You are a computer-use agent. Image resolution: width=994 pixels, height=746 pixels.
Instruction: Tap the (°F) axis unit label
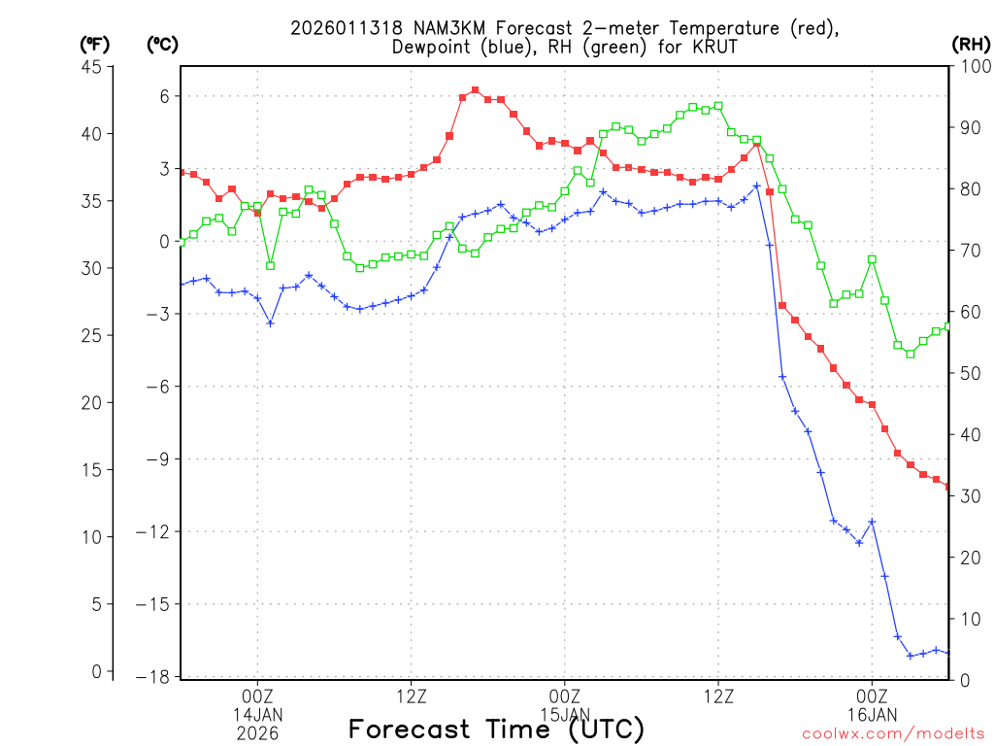(x=94, y=44)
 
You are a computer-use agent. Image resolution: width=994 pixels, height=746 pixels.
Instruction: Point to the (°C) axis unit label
(x=162, y=44)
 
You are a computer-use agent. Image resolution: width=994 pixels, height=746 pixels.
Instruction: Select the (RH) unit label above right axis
(x=971, y=44)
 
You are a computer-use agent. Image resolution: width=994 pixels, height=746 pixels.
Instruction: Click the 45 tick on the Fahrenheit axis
(x=92, y=66)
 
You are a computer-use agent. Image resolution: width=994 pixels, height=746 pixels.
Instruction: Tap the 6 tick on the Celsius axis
(x=165, y=96)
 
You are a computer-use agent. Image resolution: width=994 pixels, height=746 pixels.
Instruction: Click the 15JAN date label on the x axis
(x=564, y=715)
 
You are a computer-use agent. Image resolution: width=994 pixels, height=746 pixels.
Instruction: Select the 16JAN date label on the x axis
(x=872, y=715)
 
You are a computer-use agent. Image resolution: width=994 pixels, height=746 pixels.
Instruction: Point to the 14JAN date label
(x=257, y=715)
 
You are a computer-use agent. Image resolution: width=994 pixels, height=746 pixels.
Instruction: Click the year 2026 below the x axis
(x=257, y=733)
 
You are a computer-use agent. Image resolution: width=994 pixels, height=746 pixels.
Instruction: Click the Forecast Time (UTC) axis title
(x=496, y=729)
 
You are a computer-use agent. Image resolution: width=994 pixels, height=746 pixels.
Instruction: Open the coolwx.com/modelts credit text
(x=893, y=733)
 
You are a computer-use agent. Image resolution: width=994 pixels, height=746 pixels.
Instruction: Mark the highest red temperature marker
(x=475, y=90)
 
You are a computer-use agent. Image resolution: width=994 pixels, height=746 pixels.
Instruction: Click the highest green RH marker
(x=718, y=106)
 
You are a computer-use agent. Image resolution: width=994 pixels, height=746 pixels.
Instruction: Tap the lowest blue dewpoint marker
(x=911, y=656)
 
